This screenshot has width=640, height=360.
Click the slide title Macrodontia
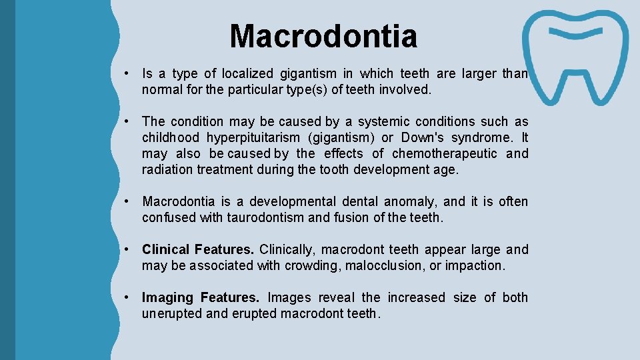(323, 36)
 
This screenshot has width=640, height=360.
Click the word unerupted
(172, 313)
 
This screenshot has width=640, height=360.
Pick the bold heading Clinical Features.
(197, 249)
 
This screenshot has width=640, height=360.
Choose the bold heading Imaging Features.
(200, 297)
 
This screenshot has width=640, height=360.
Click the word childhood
(171, 137)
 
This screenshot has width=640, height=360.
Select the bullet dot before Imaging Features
(125, 297)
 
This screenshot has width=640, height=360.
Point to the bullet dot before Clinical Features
(125, 249)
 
